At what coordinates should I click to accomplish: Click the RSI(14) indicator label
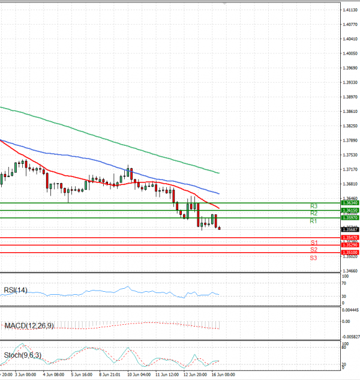(15, 290)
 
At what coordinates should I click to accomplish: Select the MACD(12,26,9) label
(29, 325)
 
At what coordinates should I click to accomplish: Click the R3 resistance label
(314, 207)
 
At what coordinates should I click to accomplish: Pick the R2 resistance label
(314, 214)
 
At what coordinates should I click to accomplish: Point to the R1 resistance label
(314, 222)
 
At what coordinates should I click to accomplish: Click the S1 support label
(314, 242)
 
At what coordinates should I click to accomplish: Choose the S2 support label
(314, 249)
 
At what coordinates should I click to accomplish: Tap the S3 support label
(314, 258)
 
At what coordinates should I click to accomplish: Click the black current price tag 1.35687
(350, 229)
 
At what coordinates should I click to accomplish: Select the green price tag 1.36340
(350, 203)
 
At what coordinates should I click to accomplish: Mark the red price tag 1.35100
(350, 253)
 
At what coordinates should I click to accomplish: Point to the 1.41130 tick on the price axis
(350, 10)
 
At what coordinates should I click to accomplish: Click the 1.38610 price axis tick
(350, 112)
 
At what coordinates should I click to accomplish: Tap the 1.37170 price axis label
(350, 169)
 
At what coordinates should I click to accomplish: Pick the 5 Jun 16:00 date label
(81, 374)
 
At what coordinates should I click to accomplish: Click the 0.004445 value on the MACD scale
(350, 310)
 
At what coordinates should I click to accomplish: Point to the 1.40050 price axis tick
(350, 53)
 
